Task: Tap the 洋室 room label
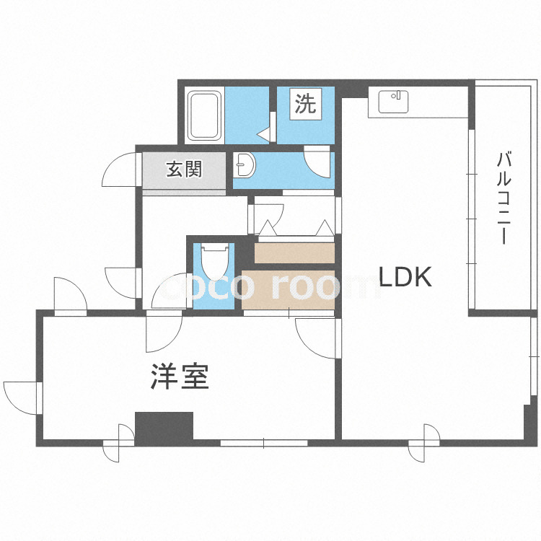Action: pyautogui.click(x=180, y=377)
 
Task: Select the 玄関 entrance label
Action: pyautogui.click(x=184, y=170)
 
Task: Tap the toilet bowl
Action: pyautogui.click(x=215, y=261)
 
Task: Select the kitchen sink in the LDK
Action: pyautogui.click(x=392, y=102)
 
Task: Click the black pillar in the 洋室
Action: pyautogui.click(x=164, y=426)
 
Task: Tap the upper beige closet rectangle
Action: pyautogui.click(x=294, y=253)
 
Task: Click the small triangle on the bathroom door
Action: pyautogui.click(x=264, y=133)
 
